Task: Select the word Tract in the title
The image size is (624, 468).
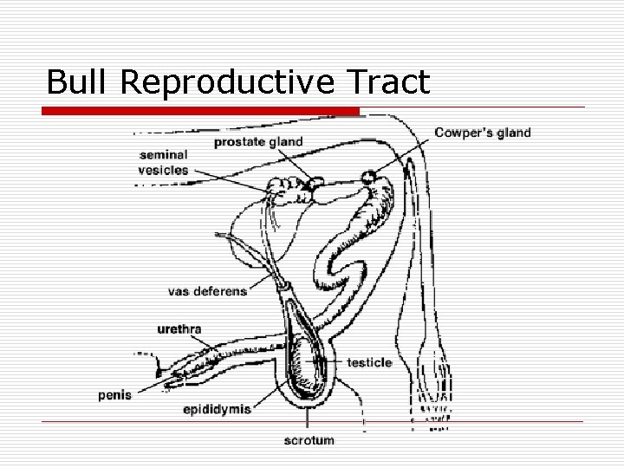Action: click(x=387, y=81)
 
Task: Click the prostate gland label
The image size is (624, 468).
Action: click(x=258, y=141)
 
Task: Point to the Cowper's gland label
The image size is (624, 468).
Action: click(x=483, y=133)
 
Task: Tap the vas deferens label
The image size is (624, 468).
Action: click(x=207, y=291)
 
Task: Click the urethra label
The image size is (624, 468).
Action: click(x=179, y=329)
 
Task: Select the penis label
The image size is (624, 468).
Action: click(x=114, y=395)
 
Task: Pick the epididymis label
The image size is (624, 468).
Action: click(x=216, y=409)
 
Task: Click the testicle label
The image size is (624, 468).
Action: click(x=369, y=362)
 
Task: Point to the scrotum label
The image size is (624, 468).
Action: click(x=309, y=440)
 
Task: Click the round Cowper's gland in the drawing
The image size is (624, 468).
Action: click(x=370, y=177)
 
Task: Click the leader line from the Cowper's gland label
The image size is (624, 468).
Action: click(x=404, y=156)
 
